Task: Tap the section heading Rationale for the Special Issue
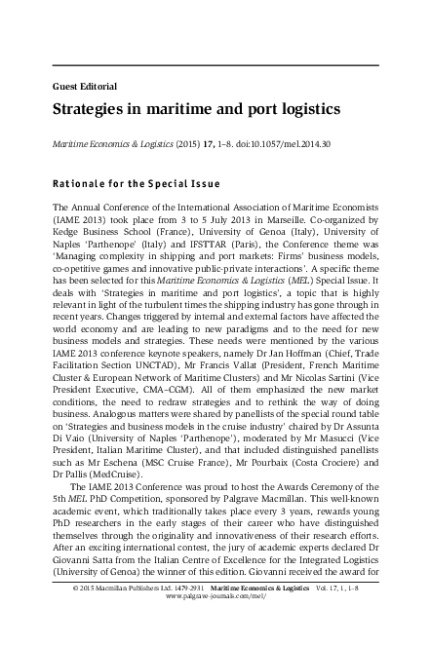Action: (x=136, y=183)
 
